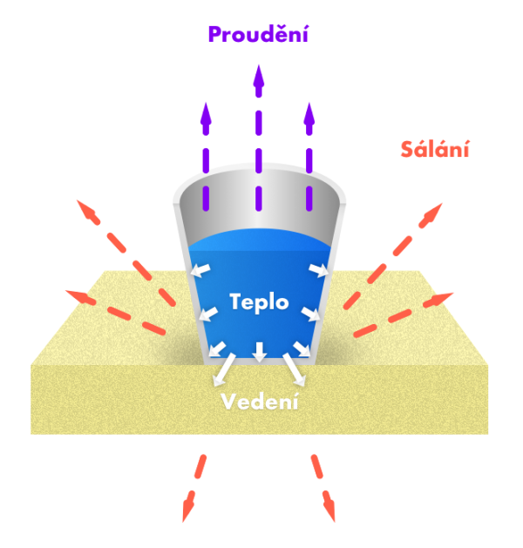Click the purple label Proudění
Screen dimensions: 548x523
pos(258,35)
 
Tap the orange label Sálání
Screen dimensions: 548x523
pos(436,149)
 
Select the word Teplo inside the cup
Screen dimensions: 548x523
pos(258,301)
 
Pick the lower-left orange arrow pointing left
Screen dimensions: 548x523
pos(75,296)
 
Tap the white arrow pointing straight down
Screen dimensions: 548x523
pos(259,352)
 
